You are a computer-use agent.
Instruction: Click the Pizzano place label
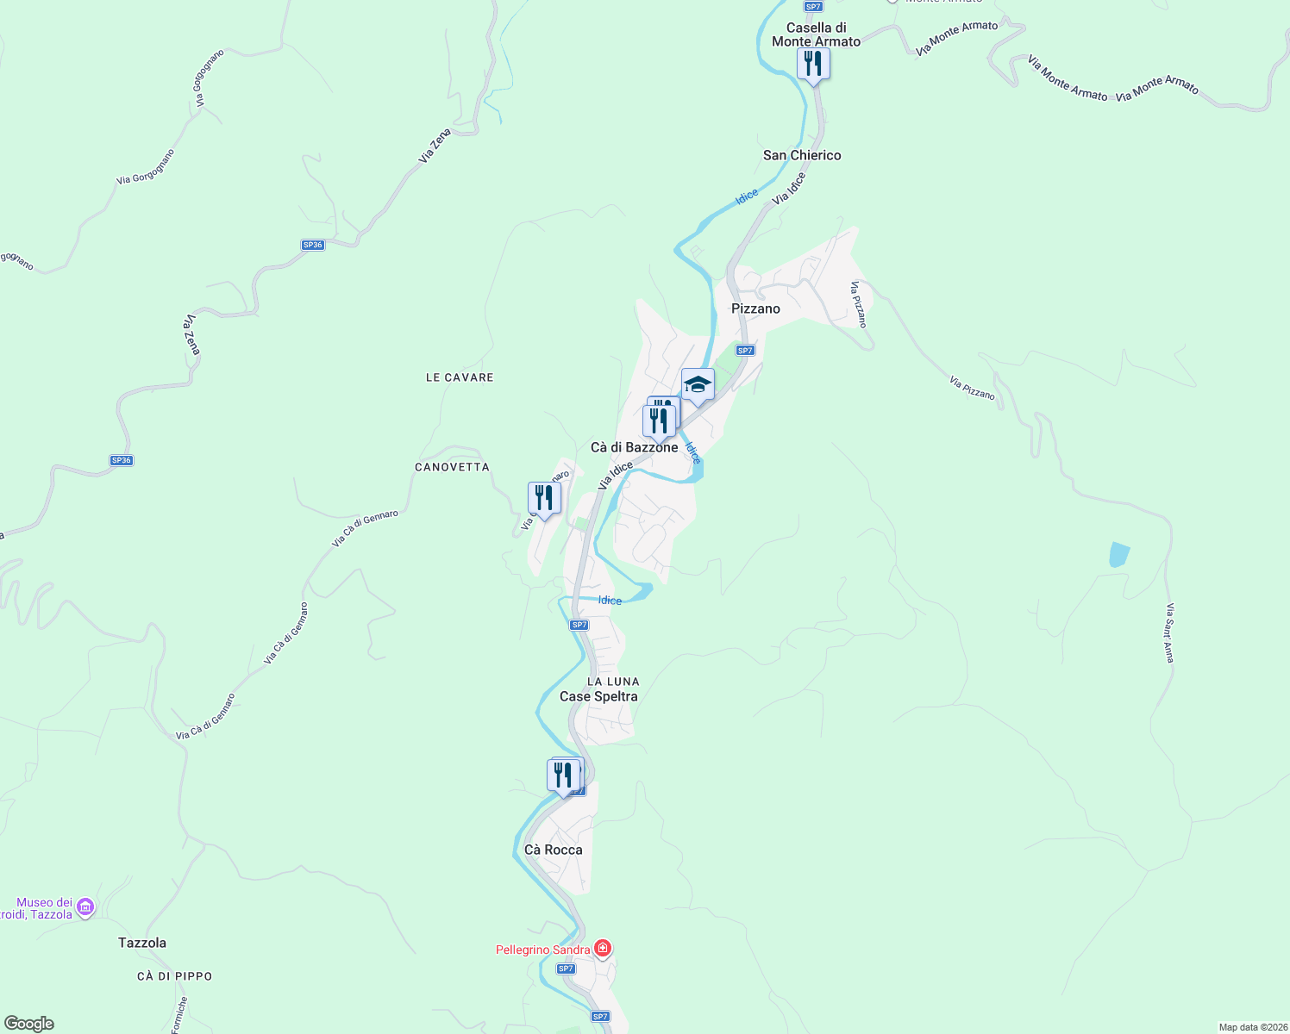[x=755, y=308]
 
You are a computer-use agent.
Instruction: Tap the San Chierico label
[x=802, y=155]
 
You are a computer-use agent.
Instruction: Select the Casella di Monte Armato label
[x=816, y=34]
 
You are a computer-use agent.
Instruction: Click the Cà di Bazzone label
[x=634, y=447]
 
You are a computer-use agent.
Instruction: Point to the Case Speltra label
[x=598, y=696]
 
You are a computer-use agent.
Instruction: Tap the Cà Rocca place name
[x=554, y=850]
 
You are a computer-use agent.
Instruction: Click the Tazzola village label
[x=142, y=943]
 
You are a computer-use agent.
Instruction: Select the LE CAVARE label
[x=460, y=377]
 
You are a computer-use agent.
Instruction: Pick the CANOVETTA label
[x=452, y=467]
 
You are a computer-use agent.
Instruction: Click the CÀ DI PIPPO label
[x=174, y=976]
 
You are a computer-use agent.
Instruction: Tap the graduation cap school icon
[x=698, y=385]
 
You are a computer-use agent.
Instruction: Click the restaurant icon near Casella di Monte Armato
[x=812, y=64]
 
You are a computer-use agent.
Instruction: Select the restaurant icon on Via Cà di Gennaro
[x=544, y=498]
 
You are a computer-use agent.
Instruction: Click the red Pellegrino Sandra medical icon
[x=603, y=950]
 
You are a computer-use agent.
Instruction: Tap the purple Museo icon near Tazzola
[x=85, y=907]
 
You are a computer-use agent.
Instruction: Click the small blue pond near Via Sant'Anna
[x=1119, y=554]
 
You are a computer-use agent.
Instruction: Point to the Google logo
[x=28, y=1024]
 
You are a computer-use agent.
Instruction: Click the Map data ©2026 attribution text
[x=1252, y=1027]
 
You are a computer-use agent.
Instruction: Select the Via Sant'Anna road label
[x=1169, y=633]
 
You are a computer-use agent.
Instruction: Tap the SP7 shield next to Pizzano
[x=745, y=351]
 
